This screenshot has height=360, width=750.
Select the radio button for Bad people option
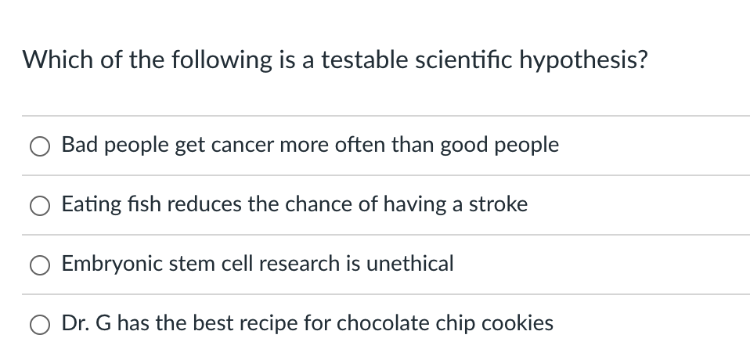(x=41, y=146)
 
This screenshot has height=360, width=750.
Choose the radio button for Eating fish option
(x=41, y=206)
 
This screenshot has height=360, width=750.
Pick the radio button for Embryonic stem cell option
(x=41, y=265)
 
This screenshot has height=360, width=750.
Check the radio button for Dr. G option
(x=41, y=324)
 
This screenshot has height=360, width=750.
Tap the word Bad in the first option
(x=78, y=145)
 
